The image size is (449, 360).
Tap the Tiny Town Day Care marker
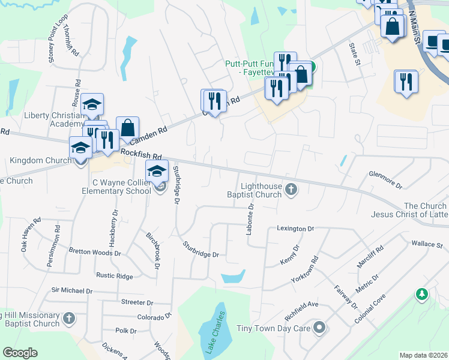319,328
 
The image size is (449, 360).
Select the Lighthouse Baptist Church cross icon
291,190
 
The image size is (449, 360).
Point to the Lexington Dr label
295,229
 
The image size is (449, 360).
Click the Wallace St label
426,245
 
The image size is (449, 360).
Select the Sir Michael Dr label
71,290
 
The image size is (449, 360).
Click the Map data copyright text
423,355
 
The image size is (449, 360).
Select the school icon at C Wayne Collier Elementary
157,172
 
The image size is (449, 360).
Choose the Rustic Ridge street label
114,275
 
